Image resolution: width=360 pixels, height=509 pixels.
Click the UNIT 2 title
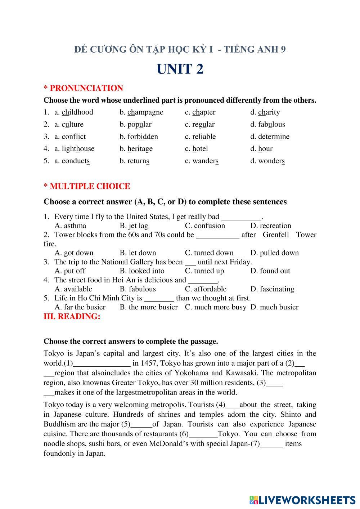[180, 69]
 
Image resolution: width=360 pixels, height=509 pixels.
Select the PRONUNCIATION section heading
[83, 88]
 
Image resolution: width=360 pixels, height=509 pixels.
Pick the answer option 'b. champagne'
[141, 112]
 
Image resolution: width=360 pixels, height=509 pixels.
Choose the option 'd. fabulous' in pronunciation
[267, 125]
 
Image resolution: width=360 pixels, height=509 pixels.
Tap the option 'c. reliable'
[200, 137]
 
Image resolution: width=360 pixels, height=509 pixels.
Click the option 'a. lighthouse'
[74, 149]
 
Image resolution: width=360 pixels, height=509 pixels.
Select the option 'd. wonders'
[267, 161]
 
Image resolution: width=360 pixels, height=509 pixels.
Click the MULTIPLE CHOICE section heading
[87, 186]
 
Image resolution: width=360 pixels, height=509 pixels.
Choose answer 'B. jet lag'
[134, 226]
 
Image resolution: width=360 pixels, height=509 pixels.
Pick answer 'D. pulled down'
[274, 253]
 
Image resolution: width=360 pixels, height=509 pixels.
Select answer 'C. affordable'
[206, 289]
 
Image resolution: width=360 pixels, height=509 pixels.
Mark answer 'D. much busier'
[274, 307]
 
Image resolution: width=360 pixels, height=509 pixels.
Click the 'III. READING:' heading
[72, 317]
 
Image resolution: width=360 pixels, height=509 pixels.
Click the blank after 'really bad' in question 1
[241, 217]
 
